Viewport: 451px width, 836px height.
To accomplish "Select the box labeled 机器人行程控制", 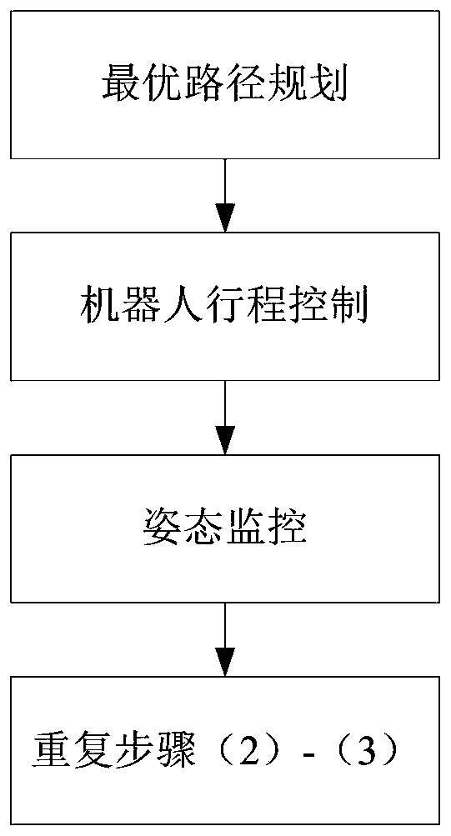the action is click(x=225, y=306).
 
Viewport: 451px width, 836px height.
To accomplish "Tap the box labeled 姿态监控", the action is click(x=225, y=528).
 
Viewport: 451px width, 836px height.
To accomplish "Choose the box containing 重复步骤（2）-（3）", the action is click(x=225, y=751).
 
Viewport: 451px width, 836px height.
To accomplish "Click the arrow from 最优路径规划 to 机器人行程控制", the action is click(x=225, y=195).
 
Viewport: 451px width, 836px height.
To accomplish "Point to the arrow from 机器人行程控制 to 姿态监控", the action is click(x=225, y=418).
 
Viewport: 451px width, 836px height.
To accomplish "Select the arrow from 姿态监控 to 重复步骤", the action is click(x=225, y=640).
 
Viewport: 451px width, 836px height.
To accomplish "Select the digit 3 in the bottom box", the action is click(x=368, y=749).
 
